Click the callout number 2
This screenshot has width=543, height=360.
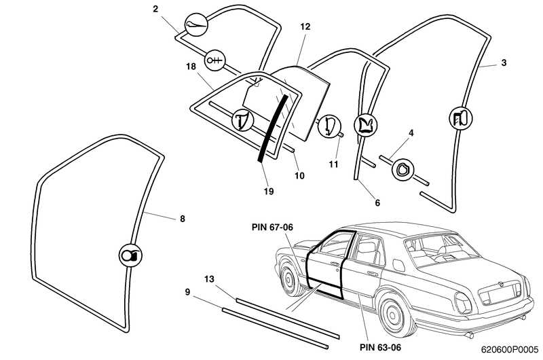point(155,9)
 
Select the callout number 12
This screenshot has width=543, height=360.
point(305,26)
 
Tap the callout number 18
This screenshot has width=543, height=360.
point(191,66)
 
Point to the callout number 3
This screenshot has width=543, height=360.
point(503,62)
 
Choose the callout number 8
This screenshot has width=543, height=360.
point(182,219)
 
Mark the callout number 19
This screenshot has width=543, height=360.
point(269,192)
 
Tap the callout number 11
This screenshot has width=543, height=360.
point(333,164)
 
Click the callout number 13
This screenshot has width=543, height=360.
point(209,278)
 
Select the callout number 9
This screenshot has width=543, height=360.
point(187,293)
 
